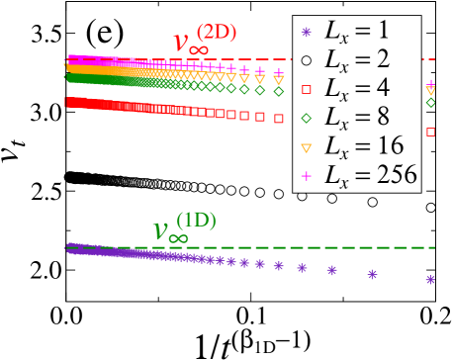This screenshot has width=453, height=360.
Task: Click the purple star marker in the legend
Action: (307, 33)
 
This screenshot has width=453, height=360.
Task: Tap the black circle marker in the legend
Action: (307, 61)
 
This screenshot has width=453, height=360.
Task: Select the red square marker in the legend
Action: (307, 90)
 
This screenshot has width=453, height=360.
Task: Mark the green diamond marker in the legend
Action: (307, 119)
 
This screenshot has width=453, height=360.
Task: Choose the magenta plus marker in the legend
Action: (307, 177)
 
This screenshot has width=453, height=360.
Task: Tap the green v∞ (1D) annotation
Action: (184, 226)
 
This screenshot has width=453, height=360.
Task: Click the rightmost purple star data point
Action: (430, 280)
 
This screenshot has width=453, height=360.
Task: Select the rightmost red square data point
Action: (430, 132)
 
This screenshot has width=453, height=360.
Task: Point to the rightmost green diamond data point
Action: (430, 102)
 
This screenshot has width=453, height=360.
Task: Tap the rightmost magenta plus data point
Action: (430, 83)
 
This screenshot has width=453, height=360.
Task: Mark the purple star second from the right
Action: (372, 274)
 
